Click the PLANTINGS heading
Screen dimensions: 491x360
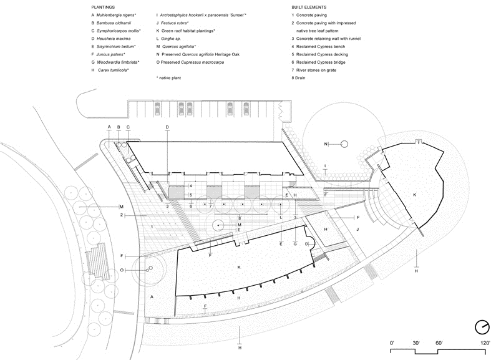pos(103,7)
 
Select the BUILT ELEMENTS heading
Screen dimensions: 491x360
pos(309,7)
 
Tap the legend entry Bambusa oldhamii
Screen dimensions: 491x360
pos(111,23)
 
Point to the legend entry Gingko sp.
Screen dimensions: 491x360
pos(168,39)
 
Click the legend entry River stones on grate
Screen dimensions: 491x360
pos(314,70)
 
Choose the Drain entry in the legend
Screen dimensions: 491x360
pos(298,78)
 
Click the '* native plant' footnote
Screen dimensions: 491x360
pos(168,78)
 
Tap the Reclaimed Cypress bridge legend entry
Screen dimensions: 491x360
pos(318,62)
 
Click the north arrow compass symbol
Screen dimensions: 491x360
pos(482,327)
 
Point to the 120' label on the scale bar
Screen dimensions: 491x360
pos(485,343)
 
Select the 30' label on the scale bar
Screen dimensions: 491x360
pos(416,343)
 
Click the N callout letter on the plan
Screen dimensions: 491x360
pos(326,144)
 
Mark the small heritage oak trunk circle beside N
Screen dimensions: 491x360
pos(344,144)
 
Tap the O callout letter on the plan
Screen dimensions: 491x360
pos(122,270)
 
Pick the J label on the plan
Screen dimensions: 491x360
pos(357,230)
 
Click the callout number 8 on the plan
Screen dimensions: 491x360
pos(240,218)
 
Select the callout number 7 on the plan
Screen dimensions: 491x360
pos(210,207)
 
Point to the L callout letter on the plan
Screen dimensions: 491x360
pos(281,218)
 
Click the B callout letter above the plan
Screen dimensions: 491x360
pos(119,127)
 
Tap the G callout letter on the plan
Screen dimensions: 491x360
pos(295,243)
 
